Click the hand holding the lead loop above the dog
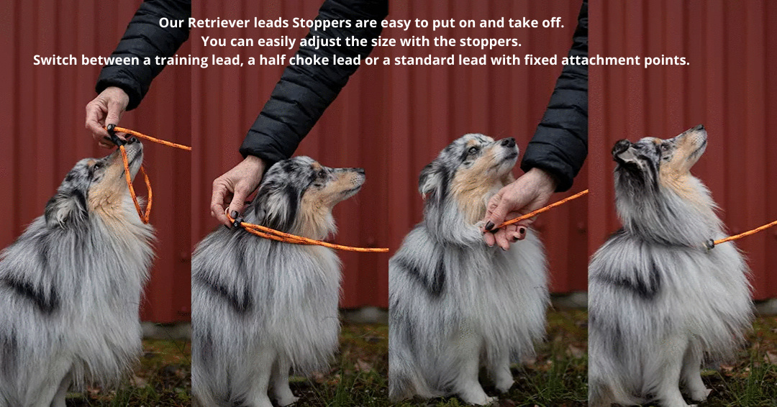click(x=105, y=115)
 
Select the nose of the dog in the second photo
click(x=360, y=173)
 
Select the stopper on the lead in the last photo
click(x=709, y=244)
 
